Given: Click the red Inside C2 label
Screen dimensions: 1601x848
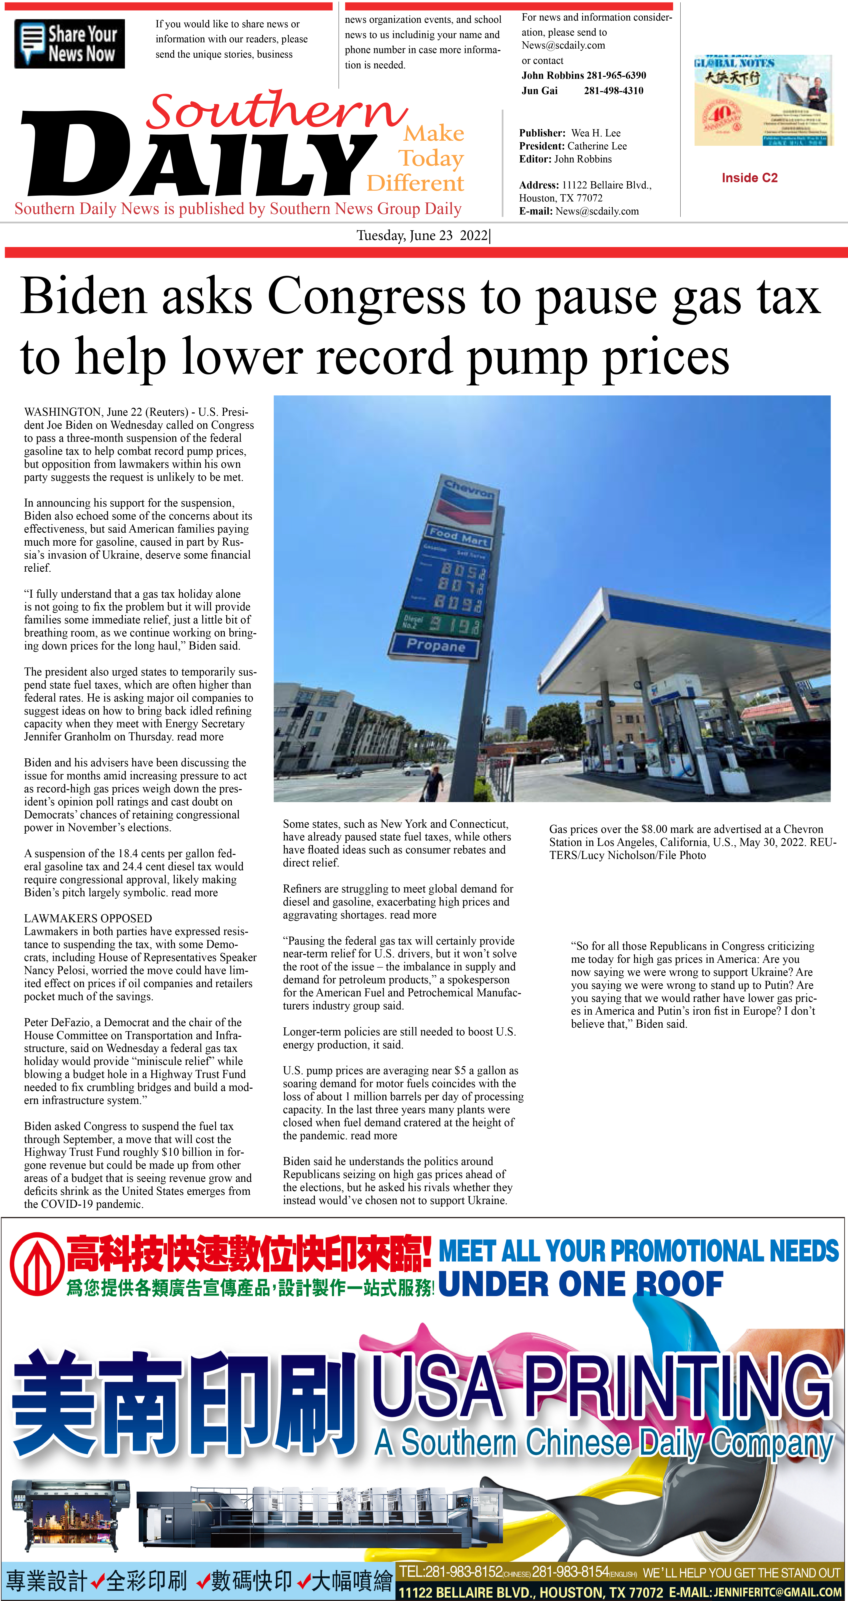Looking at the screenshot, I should (x=749, y=178).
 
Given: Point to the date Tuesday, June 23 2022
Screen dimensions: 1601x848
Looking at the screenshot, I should (x=422, y=236).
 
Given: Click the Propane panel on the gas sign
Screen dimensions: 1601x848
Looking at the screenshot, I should (x=435, y=646).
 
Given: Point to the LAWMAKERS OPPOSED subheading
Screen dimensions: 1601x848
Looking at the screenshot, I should (x=88, y=918).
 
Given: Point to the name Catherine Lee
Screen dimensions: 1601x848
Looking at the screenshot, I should (x=596, y=146).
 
